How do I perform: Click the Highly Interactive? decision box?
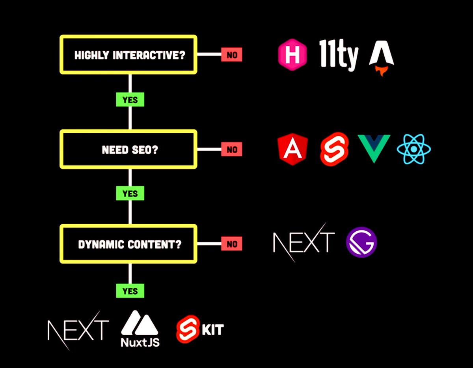pyautogui.click(x=128, y=54)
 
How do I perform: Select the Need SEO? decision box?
pyautogui.click(x=128, y=150)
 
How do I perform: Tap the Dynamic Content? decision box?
pyautogui.click(x=128, y=244)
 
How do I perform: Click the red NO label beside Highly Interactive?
pyautogui.click(x=231, y=55)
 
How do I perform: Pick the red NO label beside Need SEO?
pyautogui.click(x=231, y=150)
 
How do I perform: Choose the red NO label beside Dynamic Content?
pyautogui.click(x=231, y=244)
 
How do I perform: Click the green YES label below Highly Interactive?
pyautogui.click(x=130, y=100)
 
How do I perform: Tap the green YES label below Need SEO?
pyautogui.click(x=130, y=193)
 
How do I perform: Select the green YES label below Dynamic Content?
pyautogui.click(x=130, y=291)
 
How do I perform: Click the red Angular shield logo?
pyautogui.click(x=292, y=149)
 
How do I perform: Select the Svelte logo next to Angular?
pyautogui.click(x=334, y=149)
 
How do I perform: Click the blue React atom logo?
pyautogui.click(x=414, y=149)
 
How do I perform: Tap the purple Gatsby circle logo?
pyautogui.click(x=361, y=242)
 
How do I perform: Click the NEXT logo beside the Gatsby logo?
pyautogui.click(x=303, y=242)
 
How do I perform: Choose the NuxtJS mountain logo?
pyautogui.click(x=140, y=329)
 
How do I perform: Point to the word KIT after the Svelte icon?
pyautogui.click(x=213, y=329)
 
